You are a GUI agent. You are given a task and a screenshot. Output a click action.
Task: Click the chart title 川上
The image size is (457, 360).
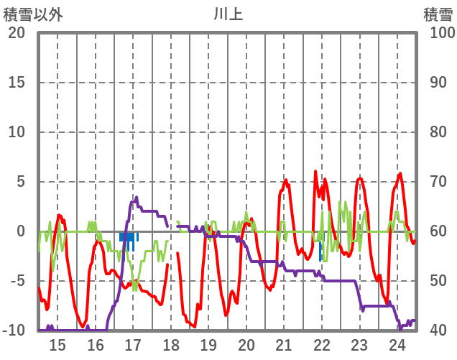coord(228,14)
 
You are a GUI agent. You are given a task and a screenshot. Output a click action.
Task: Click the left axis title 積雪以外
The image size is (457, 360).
coord(33,14)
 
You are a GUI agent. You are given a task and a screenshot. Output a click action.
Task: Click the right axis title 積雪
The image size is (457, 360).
coord(437,14)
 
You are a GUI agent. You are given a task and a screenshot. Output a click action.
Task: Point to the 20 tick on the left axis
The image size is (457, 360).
coord(17,33)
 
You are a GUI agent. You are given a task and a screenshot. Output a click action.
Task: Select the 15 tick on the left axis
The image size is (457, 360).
coord(17,83)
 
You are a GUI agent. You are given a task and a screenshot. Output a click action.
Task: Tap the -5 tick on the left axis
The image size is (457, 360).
coord(17,281)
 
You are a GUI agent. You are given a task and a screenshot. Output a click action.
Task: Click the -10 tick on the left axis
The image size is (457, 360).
coord(15,331)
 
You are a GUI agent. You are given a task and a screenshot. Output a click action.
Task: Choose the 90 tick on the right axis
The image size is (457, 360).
coord(439,83)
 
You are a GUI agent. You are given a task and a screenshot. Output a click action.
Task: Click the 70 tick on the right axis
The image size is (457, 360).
coord(439,182)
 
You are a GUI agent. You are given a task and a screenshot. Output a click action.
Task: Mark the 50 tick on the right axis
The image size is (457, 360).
coord(439,281)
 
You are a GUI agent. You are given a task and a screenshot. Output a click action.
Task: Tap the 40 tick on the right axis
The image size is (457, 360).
coord(439,331)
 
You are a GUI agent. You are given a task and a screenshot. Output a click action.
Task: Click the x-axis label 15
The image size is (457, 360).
coord(57,344)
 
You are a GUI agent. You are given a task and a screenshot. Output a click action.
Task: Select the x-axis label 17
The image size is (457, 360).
coord(133,344)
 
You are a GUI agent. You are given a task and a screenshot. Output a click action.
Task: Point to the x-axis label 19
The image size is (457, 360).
coord(208,344)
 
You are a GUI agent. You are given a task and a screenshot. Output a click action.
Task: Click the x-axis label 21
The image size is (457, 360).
coord(284,344)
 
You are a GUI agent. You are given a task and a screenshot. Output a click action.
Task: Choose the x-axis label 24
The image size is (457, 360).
coord(397,344)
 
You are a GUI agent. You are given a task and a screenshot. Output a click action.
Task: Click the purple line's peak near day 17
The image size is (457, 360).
coord(137,198)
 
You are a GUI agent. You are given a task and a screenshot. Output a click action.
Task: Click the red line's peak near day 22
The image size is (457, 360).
coord(315,172)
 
